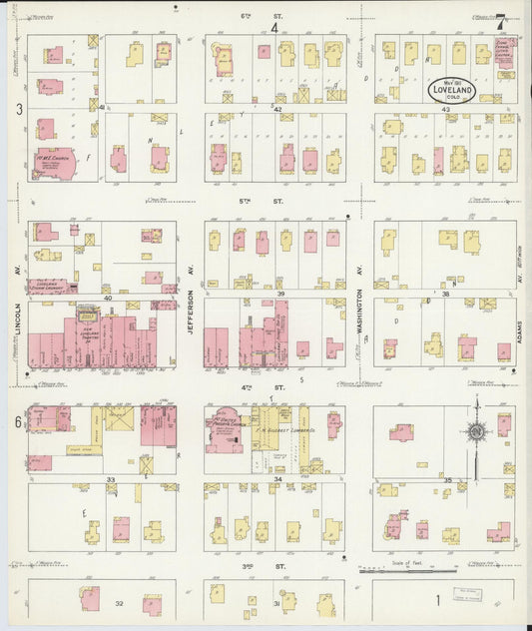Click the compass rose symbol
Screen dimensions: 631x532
pos(477,431)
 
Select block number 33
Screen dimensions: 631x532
pos(110,479)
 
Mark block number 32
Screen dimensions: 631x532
pos(118,603)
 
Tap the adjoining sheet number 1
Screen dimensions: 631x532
pos(438,601)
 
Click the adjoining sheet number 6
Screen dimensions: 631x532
pos(18,422)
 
